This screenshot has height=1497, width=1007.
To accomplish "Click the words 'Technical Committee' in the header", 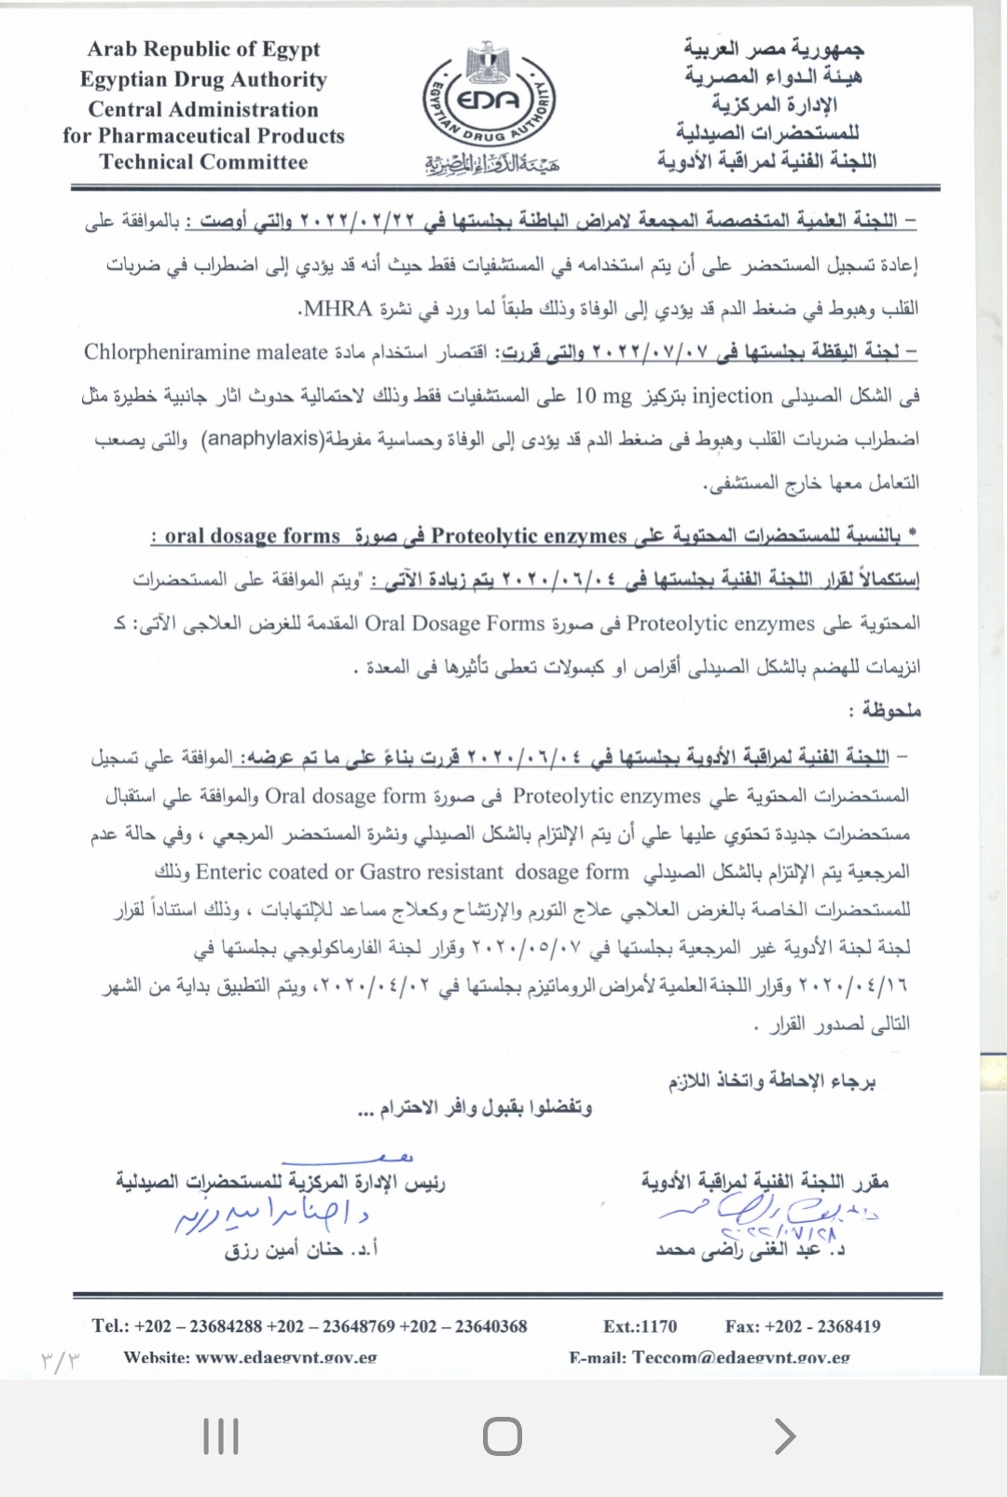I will pos(203,162).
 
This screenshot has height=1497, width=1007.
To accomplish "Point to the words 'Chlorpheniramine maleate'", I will pos(205,352).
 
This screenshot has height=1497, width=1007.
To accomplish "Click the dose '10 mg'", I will pos(602,396).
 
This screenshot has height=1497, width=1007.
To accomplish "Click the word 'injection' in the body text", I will pos(732,396).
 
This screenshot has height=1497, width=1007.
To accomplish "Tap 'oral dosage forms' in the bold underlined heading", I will pos(252,536).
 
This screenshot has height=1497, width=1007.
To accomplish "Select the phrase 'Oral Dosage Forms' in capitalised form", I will pos(454,624).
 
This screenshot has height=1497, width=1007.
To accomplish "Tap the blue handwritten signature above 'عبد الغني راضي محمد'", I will pos(765,1213).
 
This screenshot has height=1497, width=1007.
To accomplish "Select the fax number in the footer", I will pos(802,1326).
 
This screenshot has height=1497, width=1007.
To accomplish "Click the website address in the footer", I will pos(250,1357).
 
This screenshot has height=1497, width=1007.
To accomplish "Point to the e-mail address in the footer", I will pos(710,1357).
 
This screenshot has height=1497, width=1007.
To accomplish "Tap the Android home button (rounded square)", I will pos(503,1436).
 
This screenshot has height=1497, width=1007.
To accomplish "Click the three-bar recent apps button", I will pos(221,1436).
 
